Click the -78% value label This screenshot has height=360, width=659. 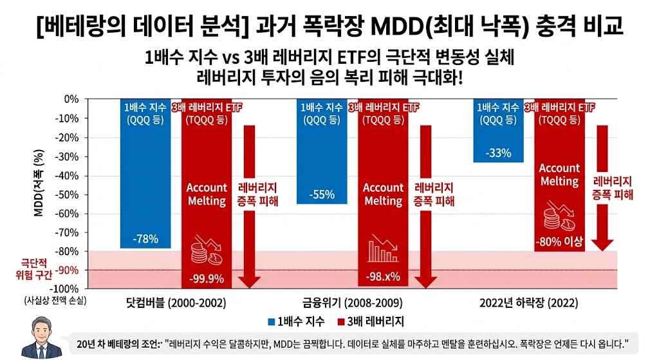(x=145, y=240)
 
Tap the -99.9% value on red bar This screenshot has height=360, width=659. (x=207, y=279)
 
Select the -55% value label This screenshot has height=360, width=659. (x=322, y=195)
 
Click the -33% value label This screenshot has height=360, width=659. (x=498, y=153)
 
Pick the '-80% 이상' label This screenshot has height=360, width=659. (x=559, y=243)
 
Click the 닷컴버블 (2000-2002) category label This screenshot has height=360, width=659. (x=176, y=303)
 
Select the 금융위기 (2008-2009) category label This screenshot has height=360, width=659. (x=352, y=303)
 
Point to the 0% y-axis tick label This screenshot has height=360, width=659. (x=70, y=99)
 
